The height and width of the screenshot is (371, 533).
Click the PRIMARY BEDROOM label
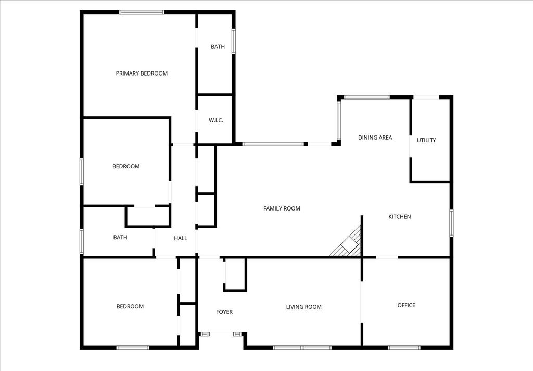pyautogui.click(x=142, y=73)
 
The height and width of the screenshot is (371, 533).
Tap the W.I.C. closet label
pyautogui.click(x=216, y=120)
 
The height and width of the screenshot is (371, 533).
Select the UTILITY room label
pyautogui.click(x=426, y=140)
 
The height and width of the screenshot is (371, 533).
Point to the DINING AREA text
pyautogui.click(x=375, y=137)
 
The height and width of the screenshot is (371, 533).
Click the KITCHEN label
pyautogui.click(x=399, y=216)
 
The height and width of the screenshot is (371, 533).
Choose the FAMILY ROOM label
pyautogui.click(x=282, y=208)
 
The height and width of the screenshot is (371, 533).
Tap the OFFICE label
pyautogui.click(x=406, y=305)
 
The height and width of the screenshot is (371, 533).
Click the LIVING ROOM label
pyautogui.click(x=303, y=307)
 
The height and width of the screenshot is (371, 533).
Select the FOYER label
pyautogui.click(x=224, y=312)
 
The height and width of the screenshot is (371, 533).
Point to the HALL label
pyautogui.click(x=181, y=238)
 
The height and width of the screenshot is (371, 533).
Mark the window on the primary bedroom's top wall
pyautogui.click(x=142, y=13)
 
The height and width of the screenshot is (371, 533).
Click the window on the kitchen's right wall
pyautogui.click(x=451, y=223)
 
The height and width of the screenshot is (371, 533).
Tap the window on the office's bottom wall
pyautogui.click(x=404, y=348)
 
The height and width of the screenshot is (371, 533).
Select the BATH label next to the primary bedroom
pyautogui.click(x=218, y=46)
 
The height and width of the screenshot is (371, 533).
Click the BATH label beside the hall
pyautogui.click(x=120, y=237)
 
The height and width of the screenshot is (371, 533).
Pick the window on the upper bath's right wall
pyautogui.click(x=234, y=41)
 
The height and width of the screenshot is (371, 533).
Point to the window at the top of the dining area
pyautogui.click(x=367, y=97)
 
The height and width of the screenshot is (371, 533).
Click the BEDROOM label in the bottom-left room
pyautogui.click(x=130, y=306)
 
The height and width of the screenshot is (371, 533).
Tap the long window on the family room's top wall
pyautogui.click(x=273, y=144)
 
